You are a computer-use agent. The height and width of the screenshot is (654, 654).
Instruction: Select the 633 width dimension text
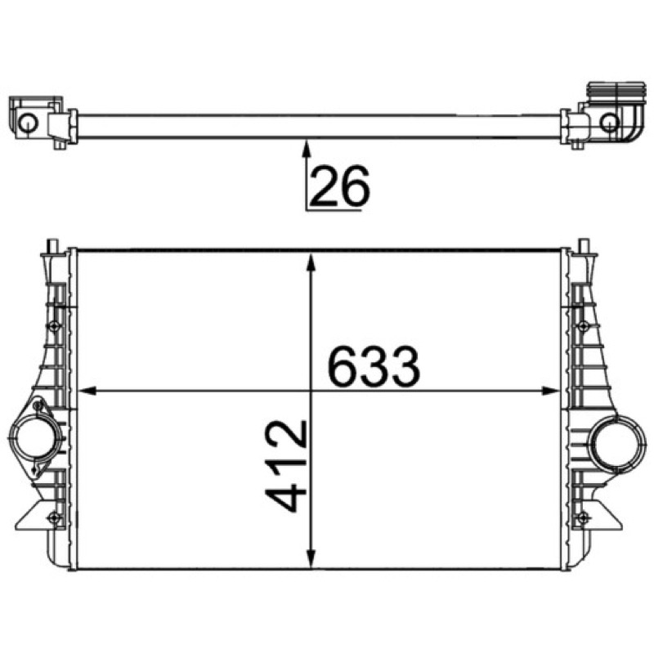(x=374, y=366)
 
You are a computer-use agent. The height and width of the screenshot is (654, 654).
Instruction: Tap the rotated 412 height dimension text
(x=286, y=466)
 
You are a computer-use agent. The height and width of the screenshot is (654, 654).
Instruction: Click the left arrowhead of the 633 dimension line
(x=87, y=391)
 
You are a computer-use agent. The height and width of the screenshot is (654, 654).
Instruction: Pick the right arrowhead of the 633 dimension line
(x=549, y=391)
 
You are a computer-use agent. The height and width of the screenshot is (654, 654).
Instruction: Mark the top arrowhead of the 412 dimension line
(x=311, y=262)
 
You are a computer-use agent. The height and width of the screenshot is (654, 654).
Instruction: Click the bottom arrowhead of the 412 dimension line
(x=311, y=558)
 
